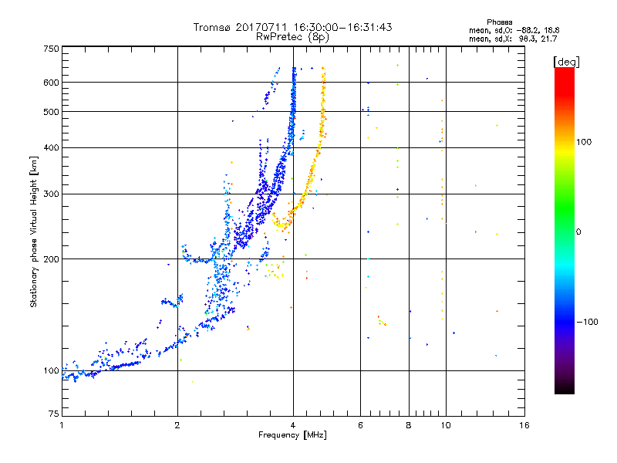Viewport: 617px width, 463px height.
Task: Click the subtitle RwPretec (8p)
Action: (292, 37)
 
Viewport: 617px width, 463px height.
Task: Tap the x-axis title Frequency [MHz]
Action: (292, 435)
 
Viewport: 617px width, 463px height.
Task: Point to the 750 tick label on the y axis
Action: (51, 49)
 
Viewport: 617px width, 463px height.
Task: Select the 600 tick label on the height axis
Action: (51, 83)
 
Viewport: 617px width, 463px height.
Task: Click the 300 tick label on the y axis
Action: (51, 194)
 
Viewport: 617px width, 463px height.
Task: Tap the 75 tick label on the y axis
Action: (54, 414)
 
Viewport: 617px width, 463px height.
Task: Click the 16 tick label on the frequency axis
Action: (524, 425)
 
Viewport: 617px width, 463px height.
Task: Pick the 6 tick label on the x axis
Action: (360, 425)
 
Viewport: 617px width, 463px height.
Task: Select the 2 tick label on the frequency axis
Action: (177, 425)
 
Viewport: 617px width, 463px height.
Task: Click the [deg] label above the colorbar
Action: (566, 62)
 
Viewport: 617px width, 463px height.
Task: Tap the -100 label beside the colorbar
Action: (587, 322)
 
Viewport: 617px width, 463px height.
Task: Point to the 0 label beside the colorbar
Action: (578, 231)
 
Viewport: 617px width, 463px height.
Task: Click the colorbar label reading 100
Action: (584, 142)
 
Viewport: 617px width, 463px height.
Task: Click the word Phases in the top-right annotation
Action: (499, 22)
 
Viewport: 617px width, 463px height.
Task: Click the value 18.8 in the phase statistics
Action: (551, 30)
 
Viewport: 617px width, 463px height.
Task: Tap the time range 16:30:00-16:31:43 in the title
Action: (342, 27)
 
